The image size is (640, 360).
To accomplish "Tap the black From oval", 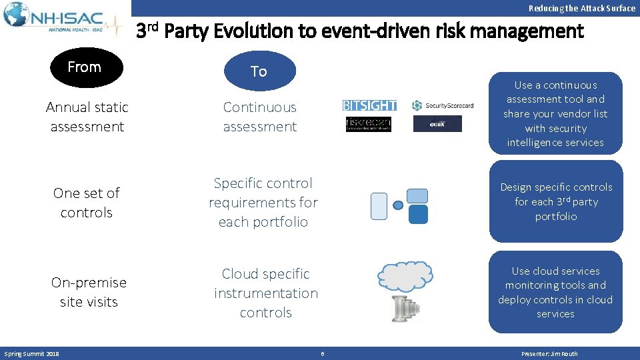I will [x=84, y=68].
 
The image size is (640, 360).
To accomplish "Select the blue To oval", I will [x=259, y=71].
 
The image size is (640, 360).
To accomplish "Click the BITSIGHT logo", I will [x=369, y=105].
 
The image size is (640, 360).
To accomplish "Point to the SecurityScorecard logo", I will [x=443, y=105].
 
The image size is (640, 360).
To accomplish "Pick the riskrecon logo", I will [x=369, y=124].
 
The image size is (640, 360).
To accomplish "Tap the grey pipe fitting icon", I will [x=405, y=307].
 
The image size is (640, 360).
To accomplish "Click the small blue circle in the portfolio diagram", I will [x=398, y=205].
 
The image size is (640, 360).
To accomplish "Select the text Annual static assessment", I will [x=87, y=117].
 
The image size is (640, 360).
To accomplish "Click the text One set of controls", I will [x=87, y=203].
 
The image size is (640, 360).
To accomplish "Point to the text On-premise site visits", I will [x=89, y=292].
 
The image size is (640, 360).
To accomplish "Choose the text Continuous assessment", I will [x=260, y=117].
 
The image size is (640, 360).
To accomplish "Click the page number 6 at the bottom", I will [x=322, y=354].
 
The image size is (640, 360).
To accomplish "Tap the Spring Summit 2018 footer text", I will [x=32, y=354].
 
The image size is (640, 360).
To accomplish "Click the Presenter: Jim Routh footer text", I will [x=549, y=354].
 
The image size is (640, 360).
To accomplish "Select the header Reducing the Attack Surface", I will [x=581, y=9].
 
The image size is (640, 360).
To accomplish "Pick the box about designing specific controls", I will [x=556, y=201].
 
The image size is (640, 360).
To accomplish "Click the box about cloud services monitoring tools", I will [x=555, y=292].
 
